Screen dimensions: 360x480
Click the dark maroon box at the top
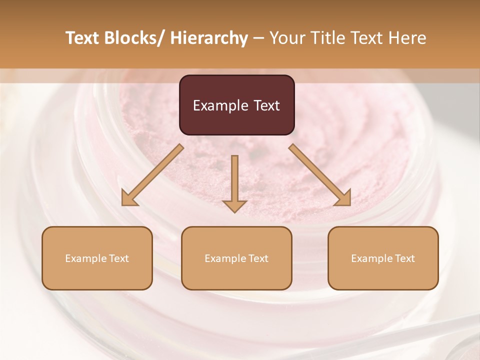(x=236, y=105)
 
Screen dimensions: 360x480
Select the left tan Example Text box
(x=97, y=258)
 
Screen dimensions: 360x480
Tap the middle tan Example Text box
(x=236, y=258)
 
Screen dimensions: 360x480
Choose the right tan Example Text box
(x=383, y=258)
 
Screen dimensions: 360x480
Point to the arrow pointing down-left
(x=152, y=175)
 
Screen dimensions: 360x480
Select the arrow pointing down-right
(x=320, y=175)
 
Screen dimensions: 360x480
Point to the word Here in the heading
(x=407, y=38)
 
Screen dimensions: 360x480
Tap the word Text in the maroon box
(x=265, y=105)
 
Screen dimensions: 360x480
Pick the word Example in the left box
(x=85, y=258)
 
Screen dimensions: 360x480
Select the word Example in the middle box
(x=225, y=258)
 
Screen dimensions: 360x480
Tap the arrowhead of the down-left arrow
(x=129, y=198)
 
